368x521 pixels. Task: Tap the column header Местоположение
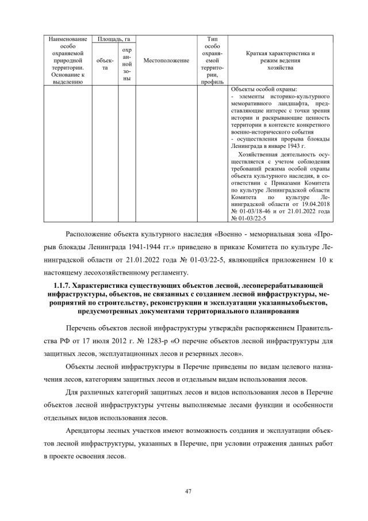[166, 60]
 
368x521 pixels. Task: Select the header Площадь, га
[114, 39]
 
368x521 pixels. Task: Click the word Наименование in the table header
[68, 39]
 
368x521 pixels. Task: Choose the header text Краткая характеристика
[280, 53]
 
